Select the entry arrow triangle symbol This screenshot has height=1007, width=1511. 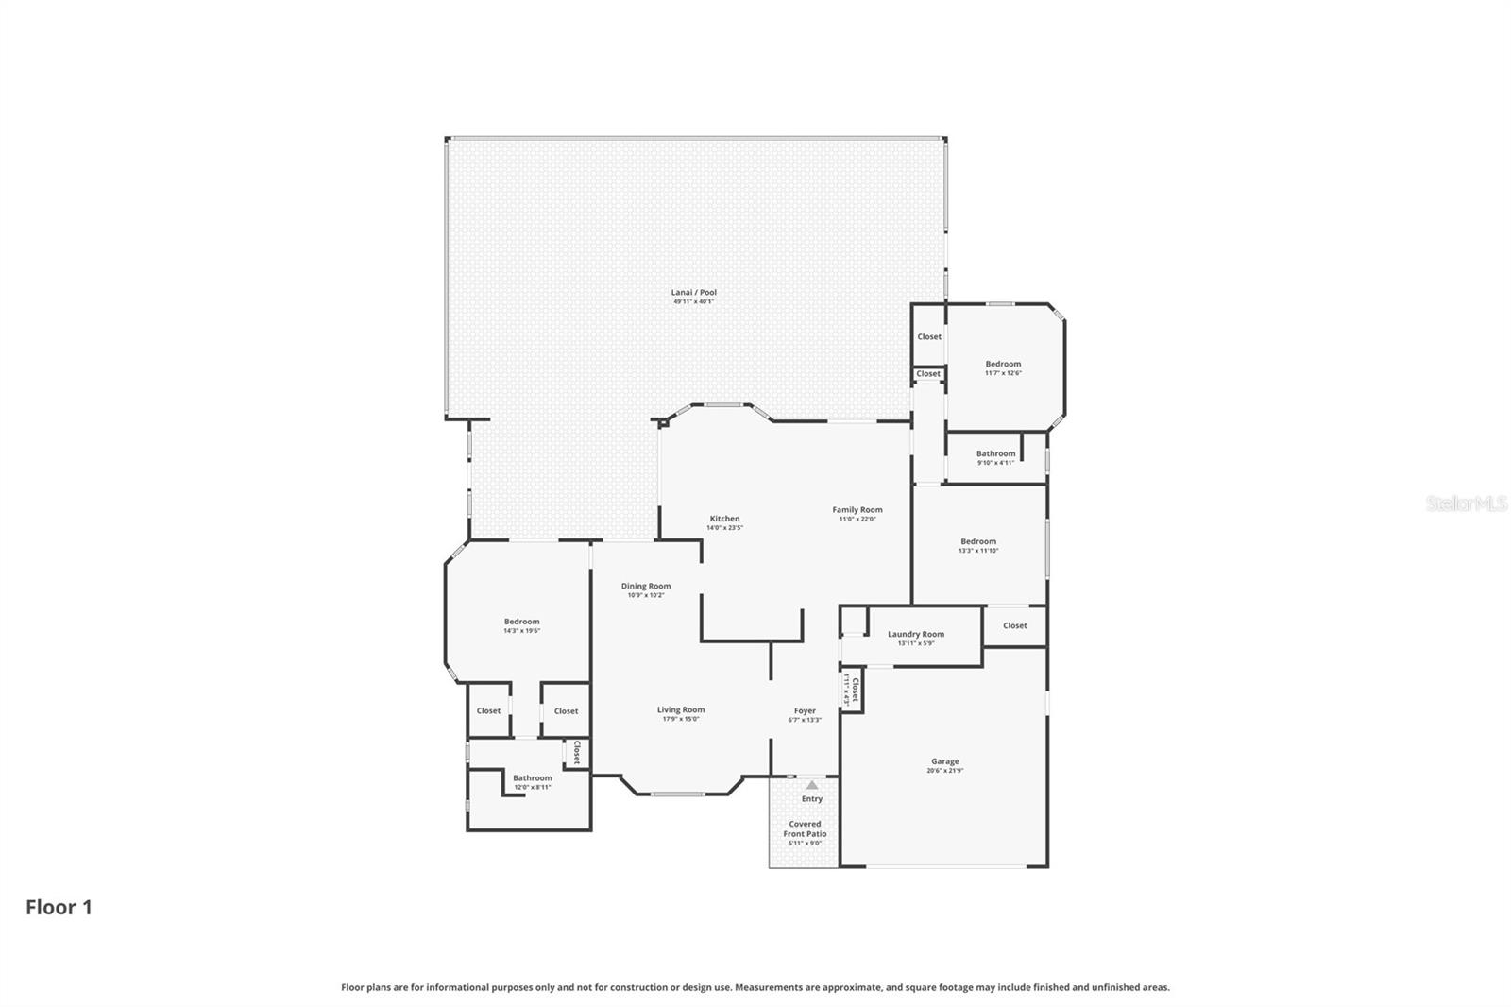pyautogui.click(x=812, y=784)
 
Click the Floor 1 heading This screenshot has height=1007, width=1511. pyautogui.click(x=59, y=908)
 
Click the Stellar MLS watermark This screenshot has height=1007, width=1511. pyautogui.click(x=1466, y=503)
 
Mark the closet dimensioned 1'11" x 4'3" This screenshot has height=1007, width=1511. pyautogui.click(x=853, y=691)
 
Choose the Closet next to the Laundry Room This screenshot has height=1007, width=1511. pyautogui.click(x=1015, y=625)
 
